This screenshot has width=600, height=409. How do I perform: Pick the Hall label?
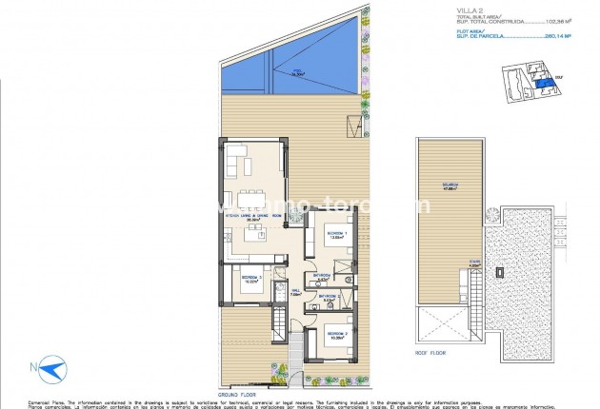[295, 292]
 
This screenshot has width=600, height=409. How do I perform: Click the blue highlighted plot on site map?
[543, 86]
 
